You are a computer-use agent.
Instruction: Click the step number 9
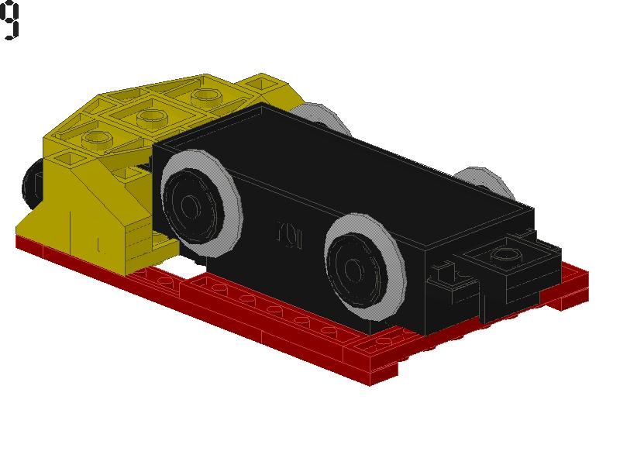(x=10, y=21)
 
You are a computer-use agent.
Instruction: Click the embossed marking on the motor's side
(x=288, y=232)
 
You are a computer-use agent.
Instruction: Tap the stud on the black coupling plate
(x=506, y=253)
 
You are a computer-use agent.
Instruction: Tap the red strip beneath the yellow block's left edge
(x=46, y=248)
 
